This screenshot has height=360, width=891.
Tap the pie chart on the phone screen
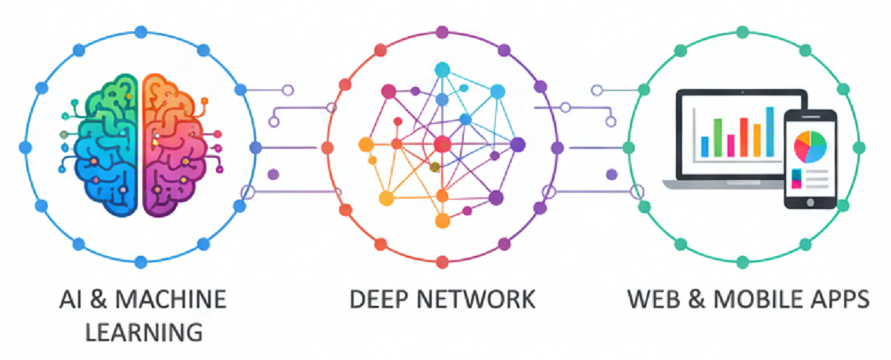point(810,146)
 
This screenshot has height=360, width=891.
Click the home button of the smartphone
point(811,200)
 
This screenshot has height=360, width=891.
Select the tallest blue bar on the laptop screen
point(771,131)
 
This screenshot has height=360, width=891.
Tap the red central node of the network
point(442,144)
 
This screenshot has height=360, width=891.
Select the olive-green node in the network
point(435,167)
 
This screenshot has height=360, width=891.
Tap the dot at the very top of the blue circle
point(141,32)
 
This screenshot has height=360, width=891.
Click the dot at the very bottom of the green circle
point(742,262)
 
